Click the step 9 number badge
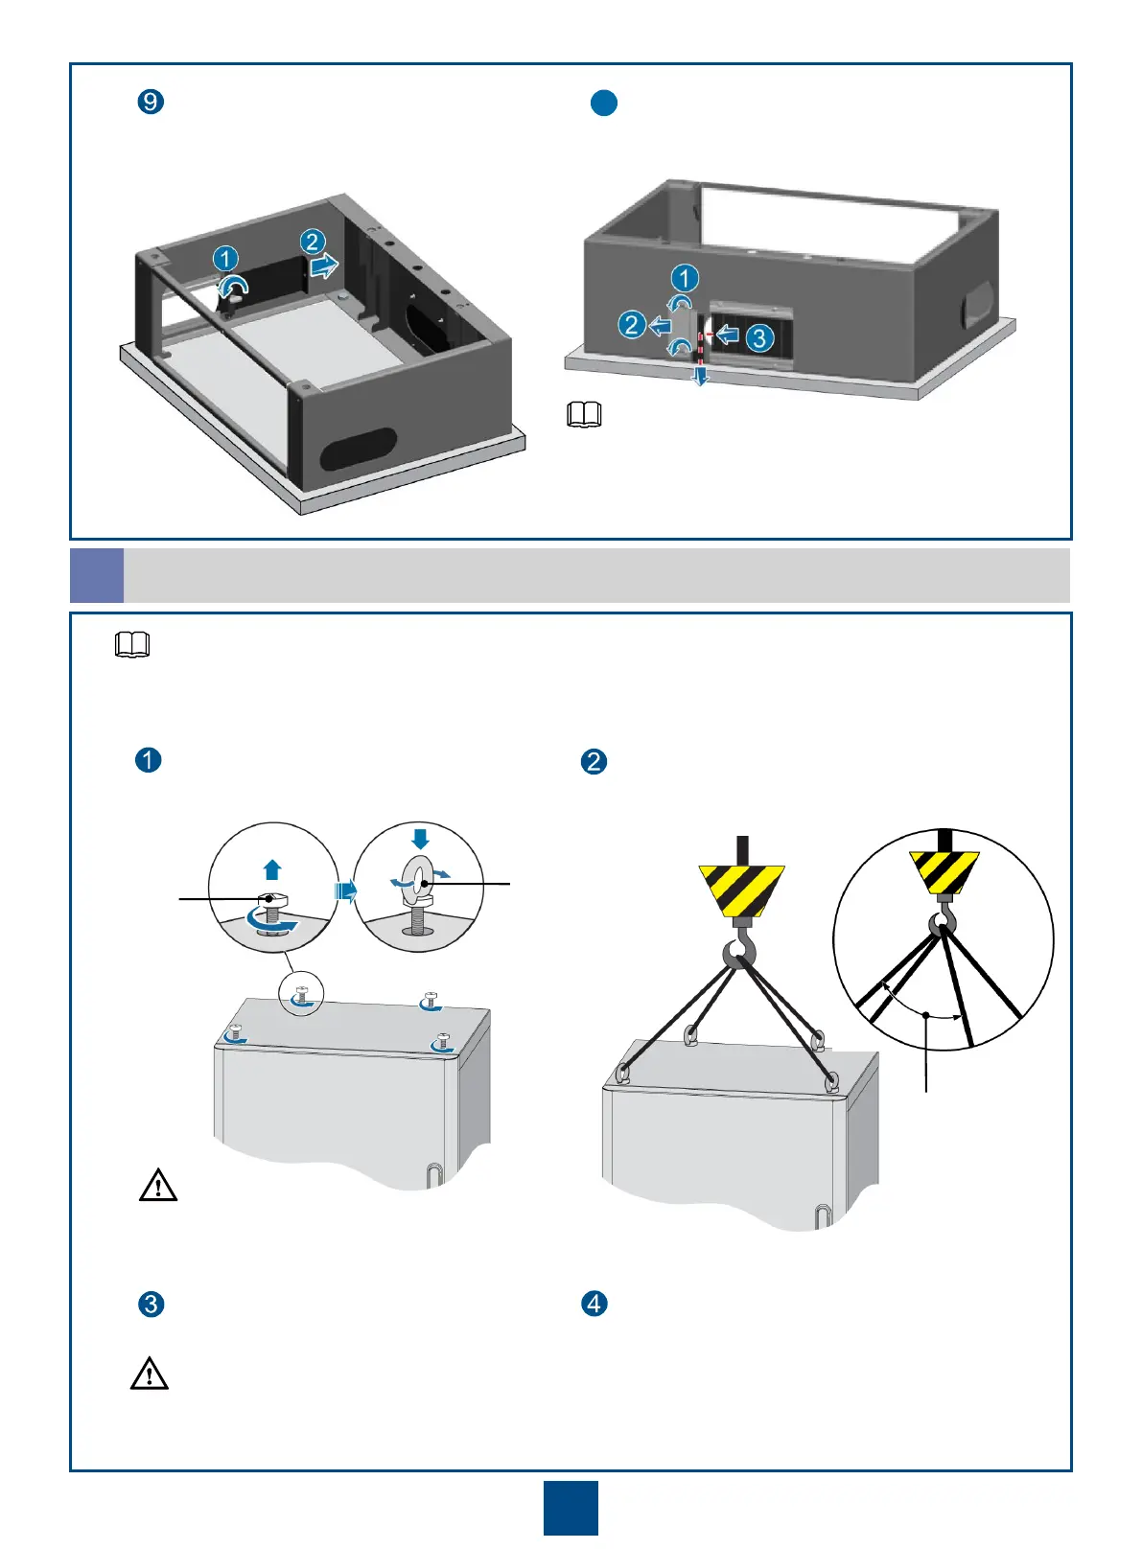pyautogui.click(x=151, y=102)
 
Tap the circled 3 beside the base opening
pyautogui.click(x=758, y=337)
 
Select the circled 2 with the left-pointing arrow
pyautogui.click(x=631, y=325)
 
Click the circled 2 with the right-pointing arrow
pyautogui.click(x=312, y=243)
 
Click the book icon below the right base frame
pyautogui.click(x=584, y=414)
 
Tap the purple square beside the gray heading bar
pyautogui.click(x=97, y=575)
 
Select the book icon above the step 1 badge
pyautogui.click(x=132, y=645)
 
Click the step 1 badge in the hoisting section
pyautogui.click(x=149, y=760)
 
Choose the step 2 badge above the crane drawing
pyautogui.click(x=594, y=762)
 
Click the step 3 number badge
pyautogui.click(x=151, y=1305)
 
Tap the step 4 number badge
pyautogui.click(x=594, y=1304)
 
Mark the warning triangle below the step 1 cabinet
pyautogui.click(x=158, y=1187)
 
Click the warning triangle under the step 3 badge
pyautogui.click(x=150, y=1375)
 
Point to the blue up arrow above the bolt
pyautogui.click(x=272, y=869)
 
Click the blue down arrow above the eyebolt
pyautogui.click(x=420, y=837)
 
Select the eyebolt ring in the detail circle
pyautogui.click(x=419, y=877)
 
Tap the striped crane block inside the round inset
pyautogui.click(x=944, y=871)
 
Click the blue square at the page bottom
pyautogui.click(x=571, y=1508)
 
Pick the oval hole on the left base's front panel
pyautogui.click(x=358, y=449)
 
